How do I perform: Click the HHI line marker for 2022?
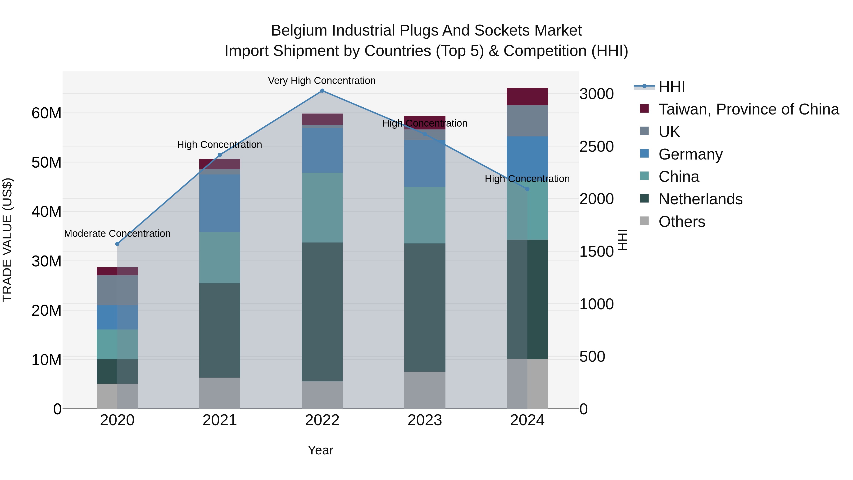coord(322,91)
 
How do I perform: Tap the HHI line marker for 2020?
coord(117,244)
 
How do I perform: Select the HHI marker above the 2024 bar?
coord(527,189)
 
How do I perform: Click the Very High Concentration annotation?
coord(322,81)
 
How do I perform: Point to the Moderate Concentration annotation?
coord(117,233)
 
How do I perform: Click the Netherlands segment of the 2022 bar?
coord(322,311)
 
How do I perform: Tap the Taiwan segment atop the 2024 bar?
coord(527,96)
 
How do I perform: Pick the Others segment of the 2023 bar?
coord(425,390)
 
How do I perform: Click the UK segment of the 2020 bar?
coord(117,290)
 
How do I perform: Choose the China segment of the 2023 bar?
coord(425,215)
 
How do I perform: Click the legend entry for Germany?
coord(690,154)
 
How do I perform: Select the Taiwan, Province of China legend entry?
coord(748,109)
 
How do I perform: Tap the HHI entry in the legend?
coord(671,87)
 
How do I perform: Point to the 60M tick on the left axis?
coord(46,113)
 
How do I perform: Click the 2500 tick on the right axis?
coord(596,146)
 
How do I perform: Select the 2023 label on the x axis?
coord(425,420)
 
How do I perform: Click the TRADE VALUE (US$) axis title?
coord(7,240)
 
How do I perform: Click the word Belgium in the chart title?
coord(299,31)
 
